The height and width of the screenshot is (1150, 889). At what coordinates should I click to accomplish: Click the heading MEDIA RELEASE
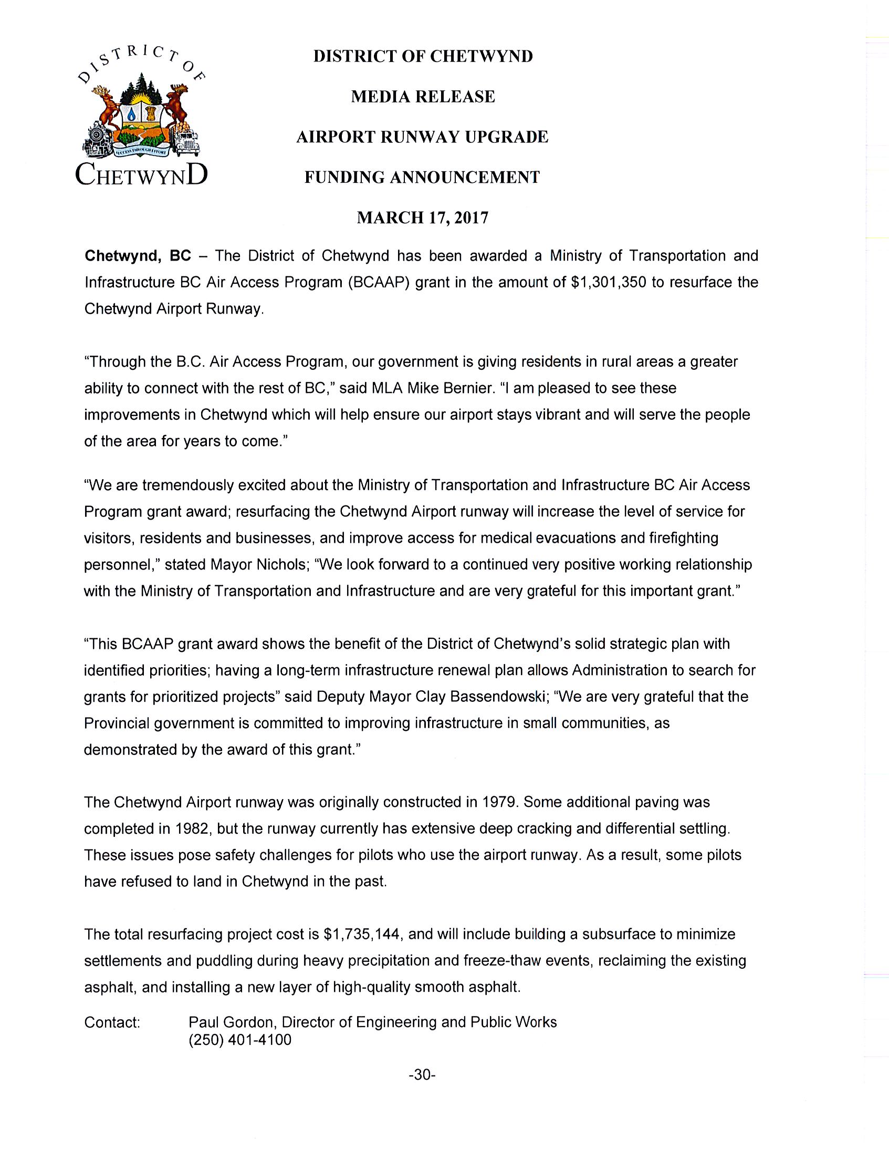pyautogui.click(x=423, y=97)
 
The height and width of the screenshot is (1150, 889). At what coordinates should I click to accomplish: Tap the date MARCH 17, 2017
pyautogui.click(x=423, y=217)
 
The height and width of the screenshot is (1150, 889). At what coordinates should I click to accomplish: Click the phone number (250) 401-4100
pyautogui.click(x=239, y=1040)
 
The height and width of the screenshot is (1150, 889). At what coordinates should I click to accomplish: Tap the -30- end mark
pyautogui.click(x=422, y=1075)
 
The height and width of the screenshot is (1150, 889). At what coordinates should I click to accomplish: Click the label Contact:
pyautogui.click(x=112, y=1022)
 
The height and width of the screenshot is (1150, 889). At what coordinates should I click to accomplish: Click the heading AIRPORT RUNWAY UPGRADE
pyautogui.click(x=422, y=137)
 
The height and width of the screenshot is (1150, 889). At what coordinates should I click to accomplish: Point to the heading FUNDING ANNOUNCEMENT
pyautogui.click(x=422, y=178)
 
